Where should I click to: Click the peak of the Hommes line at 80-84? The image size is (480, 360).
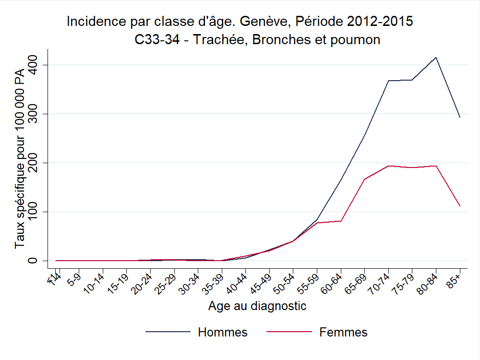(x=436, y=58)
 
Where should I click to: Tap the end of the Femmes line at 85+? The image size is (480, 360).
(x=460, y=206)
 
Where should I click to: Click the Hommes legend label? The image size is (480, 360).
(x=223, y=332)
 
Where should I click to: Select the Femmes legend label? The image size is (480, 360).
(x=343, y=332)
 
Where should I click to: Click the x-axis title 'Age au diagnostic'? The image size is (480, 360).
(x=257, y=306)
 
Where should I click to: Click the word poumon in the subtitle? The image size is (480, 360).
(x=355, y=40)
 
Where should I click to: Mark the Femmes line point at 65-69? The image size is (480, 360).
(x=364, y=180)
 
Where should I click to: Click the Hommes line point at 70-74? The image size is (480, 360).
(x=388, y=81)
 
